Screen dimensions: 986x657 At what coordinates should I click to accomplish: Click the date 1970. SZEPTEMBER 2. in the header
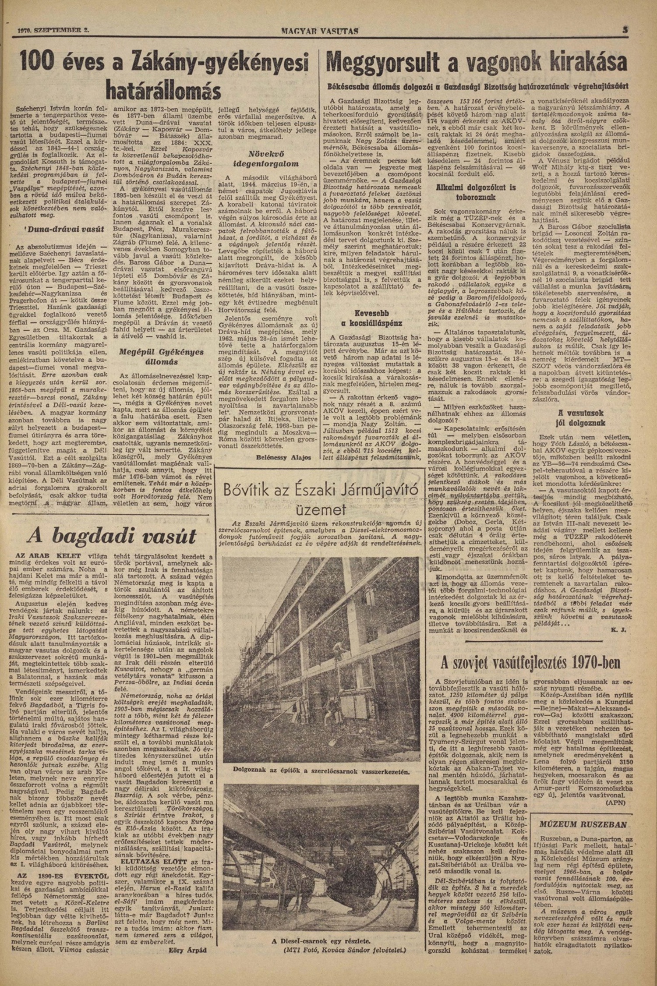(53, 31)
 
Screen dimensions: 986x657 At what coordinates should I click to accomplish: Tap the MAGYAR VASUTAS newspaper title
(319, 31)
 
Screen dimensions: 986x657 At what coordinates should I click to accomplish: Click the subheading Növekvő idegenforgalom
(268, 159)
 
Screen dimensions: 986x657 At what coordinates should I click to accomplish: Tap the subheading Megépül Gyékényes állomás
(162, 357)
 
